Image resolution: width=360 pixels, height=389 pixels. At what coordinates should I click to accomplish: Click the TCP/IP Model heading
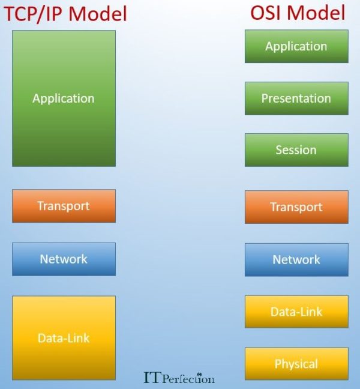(x=66, y=13)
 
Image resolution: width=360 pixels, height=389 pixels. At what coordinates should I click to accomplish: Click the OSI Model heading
(x=297, y=13)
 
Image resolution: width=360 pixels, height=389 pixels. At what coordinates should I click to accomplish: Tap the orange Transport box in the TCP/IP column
(x=64, y=206)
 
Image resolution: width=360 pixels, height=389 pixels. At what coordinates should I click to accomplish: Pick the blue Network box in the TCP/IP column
(x=64, y=259)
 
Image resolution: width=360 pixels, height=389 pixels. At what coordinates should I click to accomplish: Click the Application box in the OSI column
(x=296, y=46)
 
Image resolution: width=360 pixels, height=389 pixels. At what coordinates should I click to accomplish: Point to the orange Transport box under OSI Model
(x=296, y=207)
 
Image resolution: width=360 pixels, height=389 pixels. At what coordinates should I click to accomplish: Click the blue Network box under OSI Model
(x=296, y=259)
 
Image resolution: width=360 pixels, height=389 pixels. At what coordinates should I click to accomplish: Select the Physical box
(x=296, y=364)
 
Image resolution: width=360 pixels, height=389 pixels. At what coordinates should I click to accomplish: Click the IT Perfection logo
(x=179, y=378)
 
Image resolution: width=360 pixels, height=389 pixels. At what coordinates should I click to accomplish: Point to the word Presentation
(x=296, y=98)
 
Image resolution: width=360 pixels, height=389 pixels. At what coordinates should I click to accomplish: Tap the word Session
(x=296, y=150)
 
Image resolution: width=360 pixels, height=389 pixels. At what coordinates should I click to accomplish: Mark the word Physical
(x=296, y=364)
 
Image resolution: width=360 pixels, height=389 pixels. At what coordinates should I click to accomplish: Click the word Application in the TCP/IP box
(x=64, y=98)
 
